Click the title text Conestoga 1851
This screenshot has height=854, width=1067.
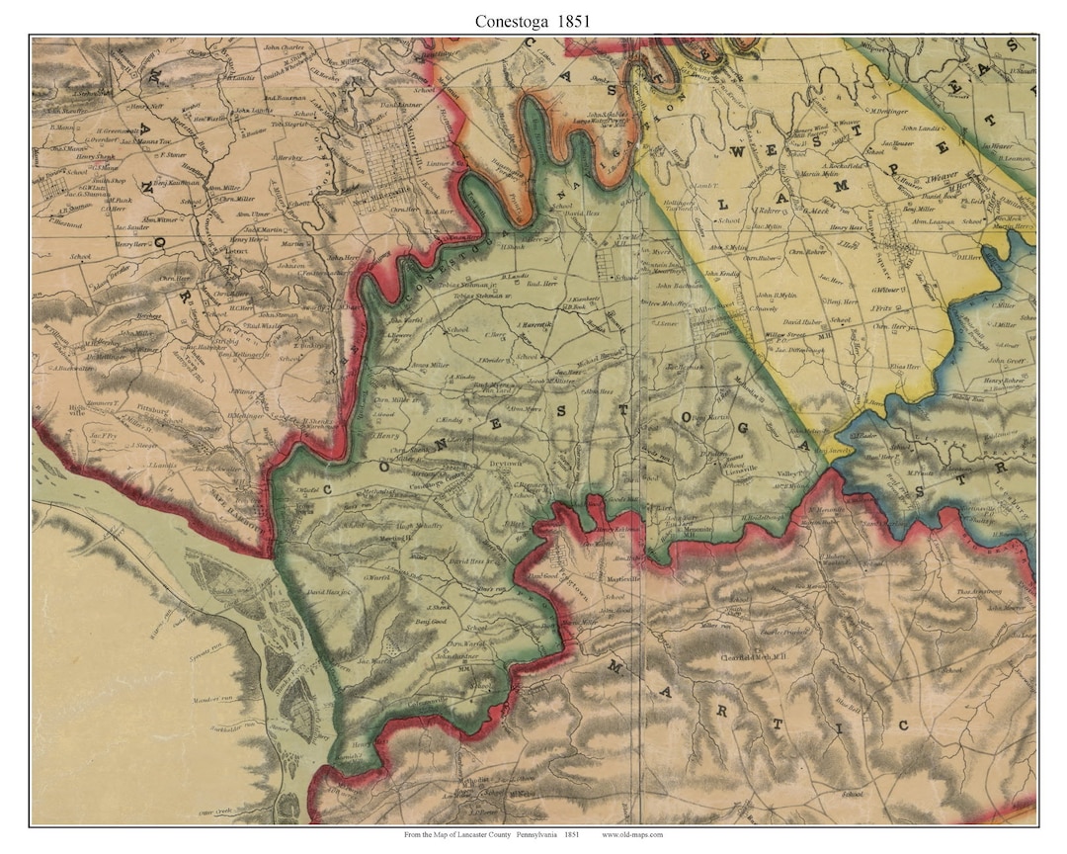point(533,19)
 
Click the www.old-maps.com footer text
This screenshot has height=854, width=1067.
point(632,835)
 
